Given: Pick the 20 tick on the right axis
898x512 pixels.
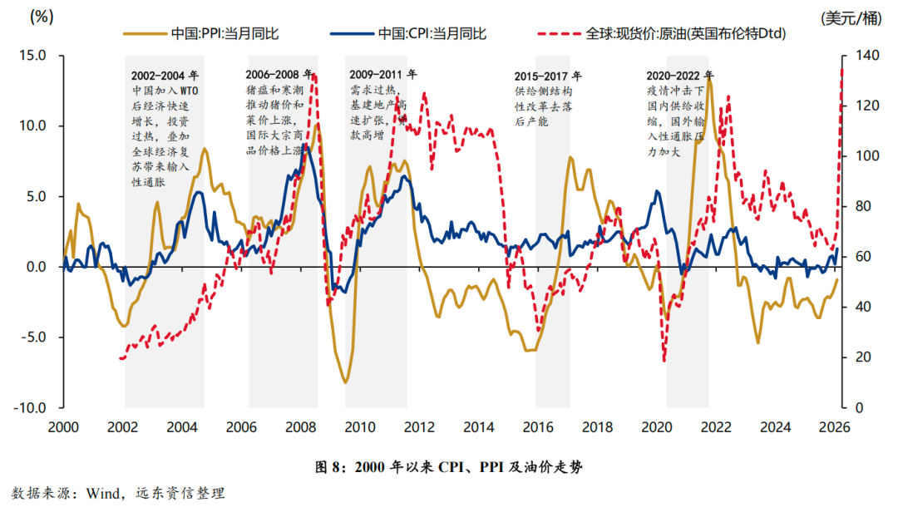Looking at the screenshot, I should (x=856, y=357).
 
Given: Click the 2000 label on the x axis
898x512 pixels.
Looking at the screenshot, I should (x=63, y=427).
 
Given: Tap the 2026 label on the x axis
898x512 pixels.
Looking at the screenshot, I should (x=834, y=427).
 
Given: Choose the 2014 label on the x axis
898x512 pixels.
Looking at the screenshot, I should (x=478, y=427).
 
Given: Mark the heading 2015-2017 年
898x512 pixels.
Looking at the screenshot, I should (x=549, y=76).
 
